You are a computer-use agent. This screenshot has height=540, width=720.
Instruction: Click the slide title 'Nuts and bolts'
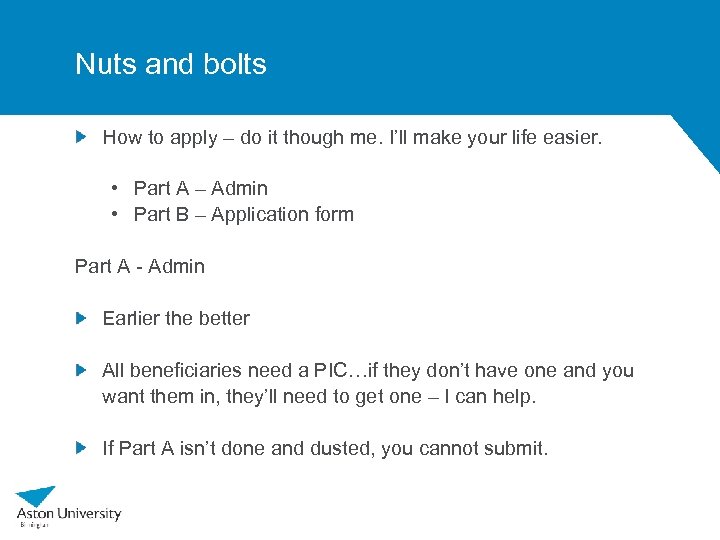(171, 64)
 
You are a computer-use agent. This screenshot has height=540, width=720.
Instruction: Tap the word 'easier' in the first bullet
(569, 137)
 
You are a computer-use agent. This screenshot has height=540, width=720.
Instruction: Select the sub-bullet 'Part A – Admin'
(200, 188)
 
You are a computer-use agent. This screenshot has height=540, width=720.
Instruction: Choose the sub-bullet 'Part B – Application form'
(243, 214)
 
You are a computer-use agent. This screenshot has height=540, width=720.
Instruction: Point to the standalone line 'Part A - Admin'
(140, 266)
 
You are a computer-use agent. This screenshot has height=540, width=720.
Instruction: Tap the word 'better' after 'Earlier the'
(224, 318)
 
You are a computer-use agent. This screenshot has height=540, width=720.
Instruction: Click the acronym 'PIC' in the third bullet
(328, 370)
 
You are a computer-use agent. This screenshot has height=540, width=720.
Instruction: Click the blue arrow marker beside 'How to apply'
(82, 136)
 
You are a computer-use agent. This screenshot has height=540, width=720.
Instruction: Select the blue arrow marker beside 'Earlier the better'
(82, 318)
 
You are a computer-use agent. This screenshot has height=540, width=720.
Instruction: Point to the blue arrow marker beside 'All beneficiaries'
(82, 370)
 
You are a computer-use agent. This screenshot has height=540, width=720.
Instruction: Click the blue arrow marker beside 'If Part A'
(82, 448)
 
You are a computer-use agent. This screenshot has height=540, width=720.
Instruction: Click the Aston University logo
(68, 505)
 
